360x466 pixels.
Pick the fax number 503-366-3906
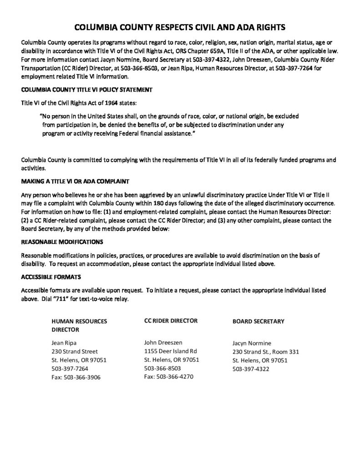click(84, 377)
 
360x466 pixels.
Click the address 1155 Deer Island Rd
click(170, 351)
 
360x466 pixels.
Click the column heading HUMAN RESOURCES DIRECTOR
click(79, 325)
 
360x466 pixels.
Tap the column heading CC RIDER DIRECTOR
click(171, 321)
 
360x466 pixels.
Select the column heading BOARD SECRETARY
click(258, 321)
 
